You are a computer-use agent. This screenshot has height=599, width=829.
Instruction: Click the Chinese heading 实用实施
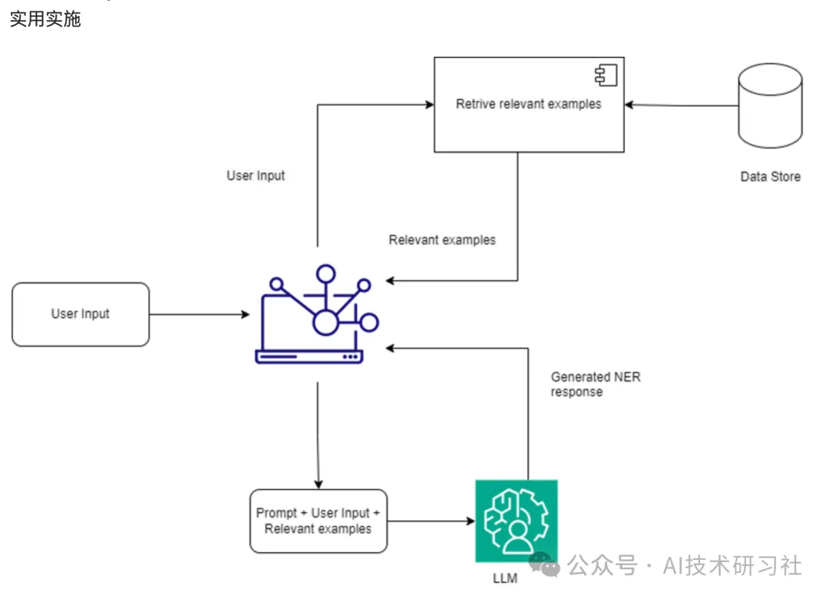tap(45, 19)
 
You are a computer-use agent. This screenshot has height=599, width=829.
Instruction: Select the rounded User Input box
tap(81, 314)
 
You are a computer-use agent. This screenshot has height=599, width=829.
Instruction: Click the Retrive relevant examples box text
tap(528, 104)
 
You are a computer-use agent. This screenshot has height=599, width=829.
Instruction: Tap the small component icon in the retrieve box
tap(606, 74)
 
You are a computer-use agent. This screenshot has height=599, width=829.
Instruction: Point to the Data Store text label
tap(770, 177)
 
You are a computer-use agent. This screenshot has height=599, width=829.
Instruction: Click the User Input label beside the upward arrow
tap(256, 175)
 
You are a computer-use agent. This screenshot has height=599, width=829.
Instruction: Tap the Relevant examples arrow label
tap(442, 240)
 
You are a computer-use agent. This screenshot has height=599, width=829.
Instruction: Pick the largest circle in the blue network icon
tap(325, 323)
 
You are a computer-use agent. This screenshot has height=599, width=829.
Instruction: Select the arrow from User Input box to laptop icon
tap(200, 314)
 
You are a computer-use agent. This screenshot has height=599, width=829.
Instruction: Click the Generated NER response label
tap(595, 384)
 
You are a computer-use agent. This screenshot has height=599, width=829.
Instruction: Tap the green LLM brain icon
tap(516, 521)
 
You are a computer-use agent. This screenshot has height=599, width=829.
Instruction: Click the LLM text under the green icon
tap(506, 577)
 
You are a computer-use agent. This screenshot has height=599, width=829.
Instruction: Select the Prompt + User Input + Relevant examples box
tap(318, 521)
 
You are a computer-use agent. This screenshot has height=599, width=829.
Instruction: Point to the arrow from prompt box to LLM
tap(430, 521)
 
